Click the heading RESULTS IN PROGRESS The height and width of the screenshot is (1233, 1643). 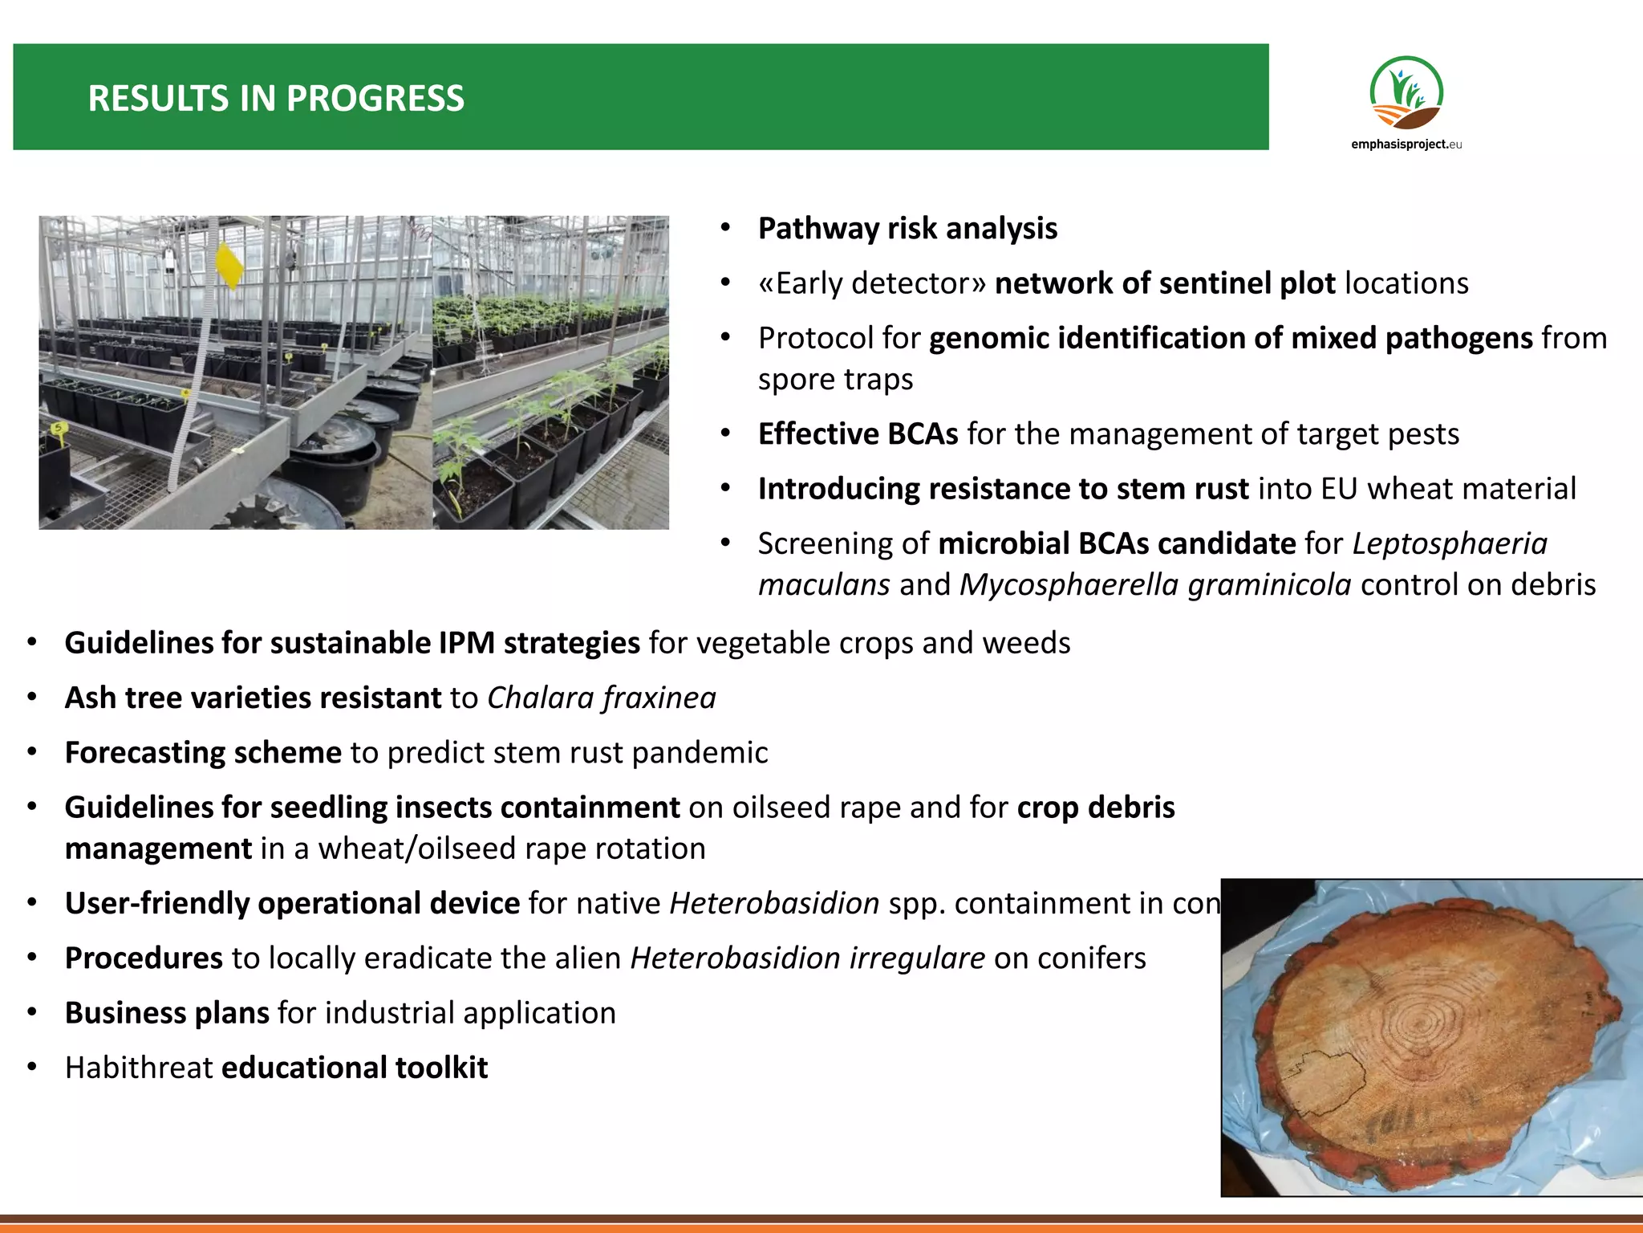coord(275,99)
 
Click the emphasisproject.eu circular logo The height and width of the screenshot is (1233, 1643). coord(1406,93)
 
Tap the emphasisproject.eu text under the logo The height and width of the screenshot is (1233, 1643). coord(1406,144)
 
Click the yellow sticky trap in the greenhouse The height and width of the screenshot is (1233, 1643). coord(229,266)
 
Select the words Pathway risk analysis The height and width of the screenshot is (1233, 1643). coord(907,229)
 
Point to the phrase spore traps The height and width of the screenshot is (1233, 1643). coord(835,379)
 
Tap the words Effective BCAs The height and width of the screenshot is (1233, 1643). coord(858,434)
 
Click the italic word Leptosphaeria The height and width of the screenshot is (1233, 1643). coord(1449,543)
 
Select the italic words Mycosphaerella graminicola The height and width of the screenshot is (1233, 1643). coord(1154,585)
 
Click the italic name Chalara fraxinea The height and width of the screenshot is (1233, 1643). coord(601,698)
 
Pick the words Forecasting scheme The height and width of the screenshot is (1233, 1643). coord(203,753)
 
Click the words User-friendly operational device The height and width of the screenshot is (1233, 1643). coord(292,904)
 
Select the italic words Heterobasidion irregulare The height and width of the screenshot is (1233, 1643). coord(807,958)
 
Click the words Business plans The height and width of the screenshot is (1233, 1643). coord(167,1013)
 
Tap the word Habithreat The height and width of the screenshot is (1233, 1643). coord(139,1068)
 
